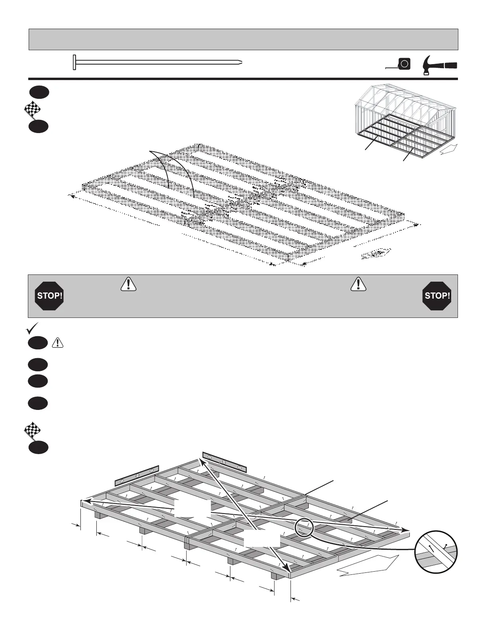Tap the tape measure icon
(x=404, y=64)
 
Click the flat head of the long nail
(x=74, y=63)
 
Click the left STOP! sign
(x=49, y=296)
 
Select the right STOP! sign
(x=437, y=296)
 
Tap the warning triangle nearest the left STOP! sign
(x=128, y=283)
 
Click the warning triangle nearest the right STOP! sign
(x=358, y=283)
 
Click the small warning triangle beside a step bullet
(x=58, y=343)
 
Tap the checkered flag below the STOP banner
(x=32, y=431)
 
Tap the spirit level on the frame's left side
(x=137, y=475)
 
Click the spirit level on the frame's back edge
(x=224, y=462)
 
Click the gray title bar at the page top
(x=243, y=39)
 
